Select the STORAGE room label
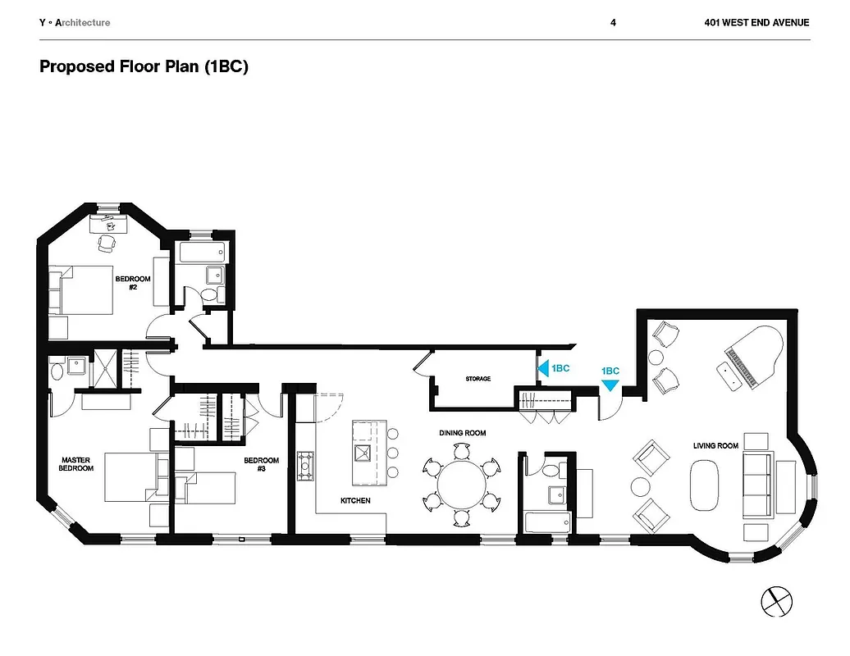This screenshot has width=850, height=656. [478, 379]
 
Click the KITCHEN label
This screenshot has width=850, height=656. [355, 500]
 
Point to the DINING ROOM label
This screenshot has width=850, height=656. [463, 433]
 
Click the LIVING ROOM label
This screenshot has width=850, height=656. [715, 446]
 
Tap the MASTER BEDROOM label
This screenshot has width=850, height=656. [75, 464]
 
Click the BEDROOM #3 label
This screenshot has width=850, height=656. [261, 464]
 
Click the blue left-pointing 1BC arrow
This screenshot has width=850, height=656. [542, 369]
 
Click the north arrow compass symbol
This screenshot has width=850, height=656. [775, 601]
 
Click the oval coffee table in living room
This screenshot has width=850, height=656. [704, 484]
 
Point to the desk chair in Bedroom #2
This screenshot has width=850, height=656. [107, 243]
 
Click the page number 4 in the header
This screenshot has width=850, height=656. [613, 23]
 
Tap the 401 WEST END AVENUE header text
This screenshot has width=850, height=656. [756, 23]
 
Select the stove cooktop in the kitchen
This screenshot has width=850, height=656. [306, 466]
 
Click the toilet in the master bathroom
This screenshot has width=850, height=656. [56, 371]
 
